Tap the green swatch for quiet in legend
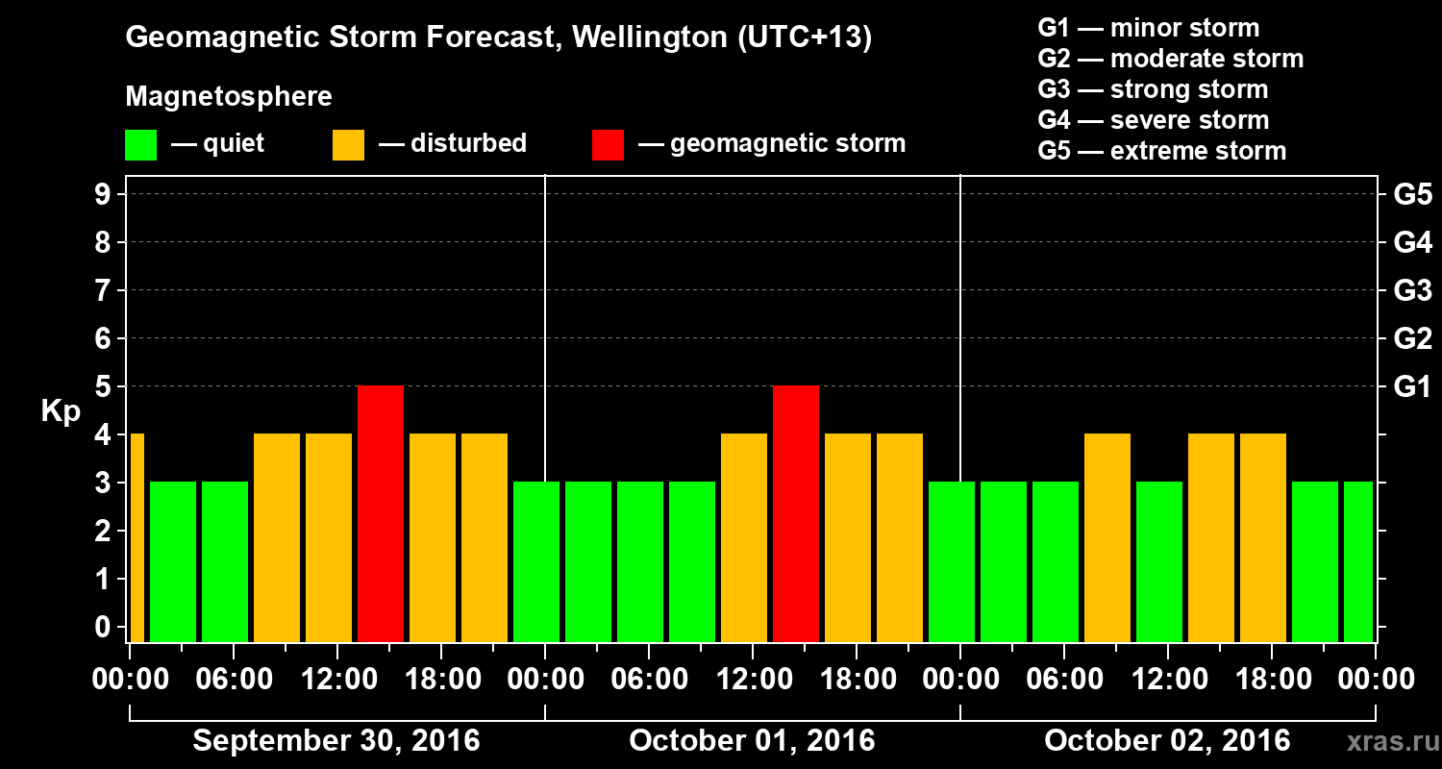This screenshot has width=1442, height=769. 140,144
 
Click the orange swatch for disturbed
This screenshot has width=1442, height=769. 348,144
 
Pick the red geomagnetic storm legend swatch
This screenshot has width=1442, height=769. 608,144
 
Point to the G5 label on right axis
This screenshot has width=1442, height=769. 1412,195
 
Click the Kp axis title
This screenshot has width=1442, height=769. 61,411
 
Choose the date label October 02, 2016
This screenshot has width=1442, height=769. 1167,741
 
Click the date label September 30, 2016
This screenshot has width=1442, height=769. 336,741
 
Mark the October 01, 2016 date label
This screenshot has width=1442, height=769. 752,741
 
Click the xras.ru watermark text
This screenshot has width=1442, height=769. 1385,741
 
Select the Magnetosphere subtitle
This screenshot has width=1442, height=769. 229,97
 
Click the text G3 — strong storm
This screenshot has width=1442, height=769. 1153,89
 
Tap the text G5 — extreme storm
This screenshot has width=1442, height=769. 1161,151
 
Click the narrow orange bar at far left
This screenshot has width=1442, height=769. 137,537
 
